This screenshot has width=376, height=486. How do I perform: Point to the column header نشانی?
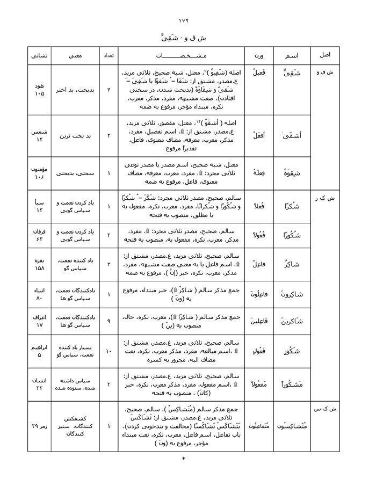(37, 56)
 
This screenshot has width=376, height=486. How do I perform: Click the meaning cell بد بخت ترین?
(75, 136)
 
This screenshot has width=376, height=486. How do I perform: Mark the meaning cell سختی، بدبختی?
(75, 173)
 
